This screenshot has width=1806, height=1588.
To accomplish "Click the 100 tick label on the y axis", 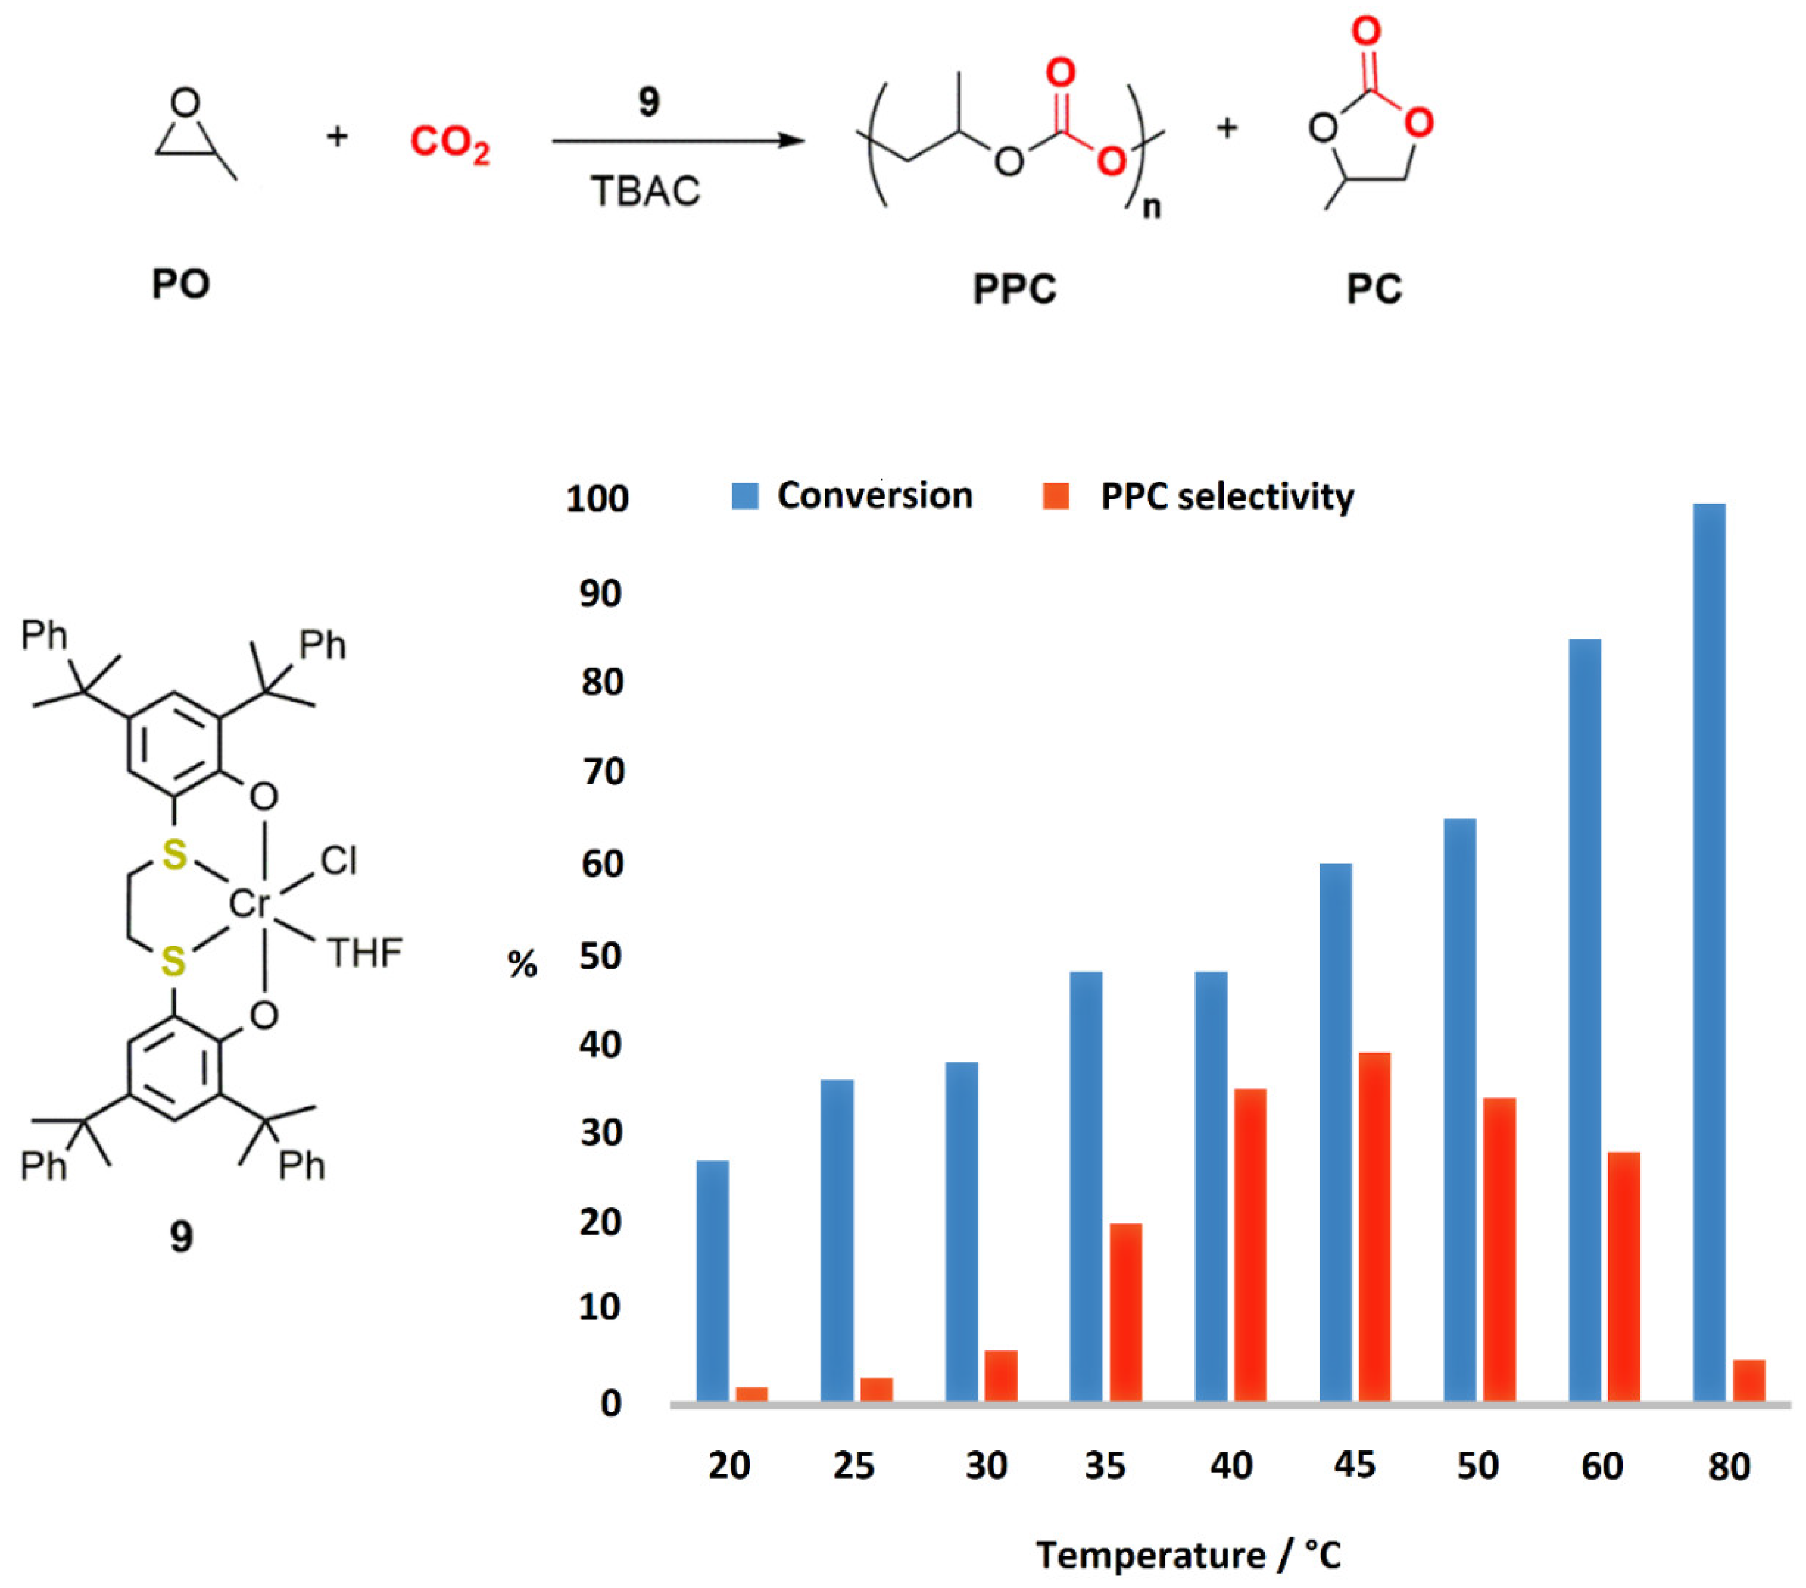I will (598, 499).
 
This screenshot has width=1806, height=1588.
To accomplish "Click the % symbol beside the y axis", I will (522, 964).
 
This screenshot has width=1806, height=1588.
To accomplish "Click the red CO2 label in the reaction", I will (449, 142).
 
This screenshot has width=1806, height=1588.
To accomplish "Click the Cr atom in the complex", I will (248, 903).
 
